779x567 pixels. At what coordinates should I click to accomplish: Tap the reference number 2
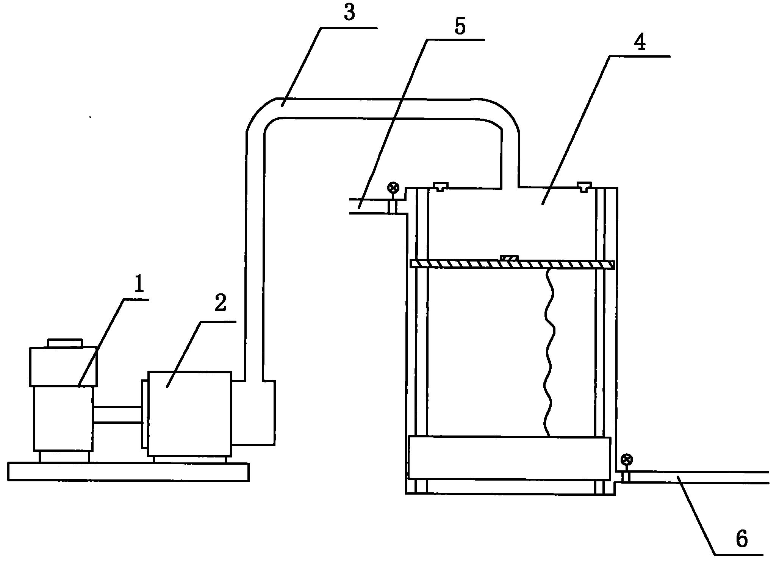pos(221,304)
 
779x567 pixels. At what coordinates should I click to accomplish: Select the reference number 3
pos(349,12)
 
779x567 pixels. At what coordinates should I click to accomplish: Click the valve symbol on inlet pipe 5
pos(393,187)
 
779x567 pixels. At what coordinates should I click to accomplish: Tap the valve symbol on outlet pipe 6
pos(627,460)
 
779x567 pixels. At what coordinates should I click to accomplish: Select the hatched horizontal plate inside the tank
pos(512,264)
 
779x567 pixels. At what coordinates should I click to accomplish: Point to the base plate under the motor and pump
pos(128,472)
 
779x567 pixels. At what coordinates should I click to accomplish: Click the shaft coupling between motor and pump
pos(117,415)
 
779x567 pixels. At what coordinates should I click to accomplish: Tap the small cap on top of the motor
pos(65,343)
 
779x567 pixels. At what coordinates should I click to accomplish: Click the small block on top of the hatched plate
pos(509,258)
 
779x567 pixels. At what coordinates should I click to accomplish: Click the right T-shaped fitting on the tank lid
pos(584,186)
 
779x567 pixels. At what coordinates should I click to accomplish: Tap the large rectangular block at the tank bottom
pos(510,458)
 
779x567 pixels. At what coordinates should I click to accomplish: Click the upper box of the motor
pos(63,367)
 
